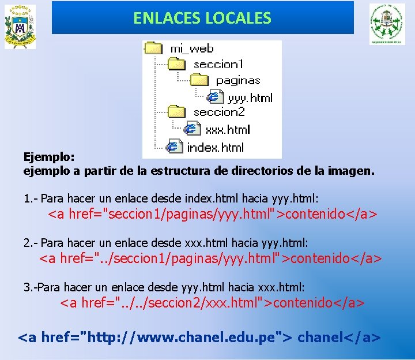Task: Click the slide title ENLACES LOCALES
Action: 202,18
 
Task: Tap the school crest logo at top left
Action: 20,27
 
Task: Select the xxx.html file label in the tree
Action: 228,129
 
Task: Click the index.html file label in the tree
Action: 215,147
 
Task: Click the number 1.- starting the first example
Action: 31,199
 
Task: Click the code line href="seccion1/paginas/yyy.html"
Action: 213,215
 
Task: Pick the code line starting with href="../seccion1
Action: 210,258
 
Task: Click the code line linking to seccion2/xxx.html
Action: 213,302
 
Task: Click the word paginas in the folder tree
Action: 238,81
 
